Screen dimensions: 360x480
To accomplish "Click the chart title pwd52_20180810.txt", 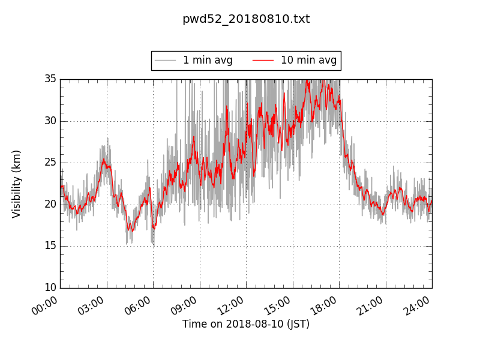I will [246, 19].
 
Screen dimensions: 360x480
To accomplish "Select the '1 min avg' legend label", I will [208, 61].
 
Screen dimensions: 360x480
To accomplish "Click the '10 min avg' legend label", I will [308, 61].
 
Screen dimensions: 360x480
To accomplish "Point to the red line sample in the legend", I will [263, 61].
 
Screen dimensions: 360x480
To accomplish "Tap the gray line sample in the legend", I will [165, 61].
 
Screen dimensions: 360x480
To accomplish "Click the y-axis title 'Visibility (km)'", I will [17, 184].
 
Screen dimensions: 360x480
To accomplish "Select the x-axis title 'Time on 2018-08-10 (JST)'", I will [246, 324].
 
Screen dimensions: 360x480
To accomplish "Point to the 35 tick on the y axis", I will [50, 79].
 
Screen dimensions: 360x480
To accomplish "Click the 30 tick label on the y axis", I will [50, 121].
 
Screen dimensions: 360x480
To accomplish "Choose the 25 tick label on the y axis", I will [50, 163].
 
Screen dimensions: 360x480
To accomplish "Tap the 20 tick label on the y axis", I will [50, 204].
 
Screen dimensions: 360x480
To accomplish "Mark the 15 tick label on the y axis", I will [50, 246].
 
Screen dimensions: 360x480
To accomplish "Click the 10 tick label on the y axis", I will [50, 288].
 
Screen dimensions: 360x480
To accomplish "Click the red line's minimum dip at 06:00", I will [154, 229].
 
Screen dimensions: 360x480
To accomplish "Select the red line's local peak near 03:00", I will [103, 160].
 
